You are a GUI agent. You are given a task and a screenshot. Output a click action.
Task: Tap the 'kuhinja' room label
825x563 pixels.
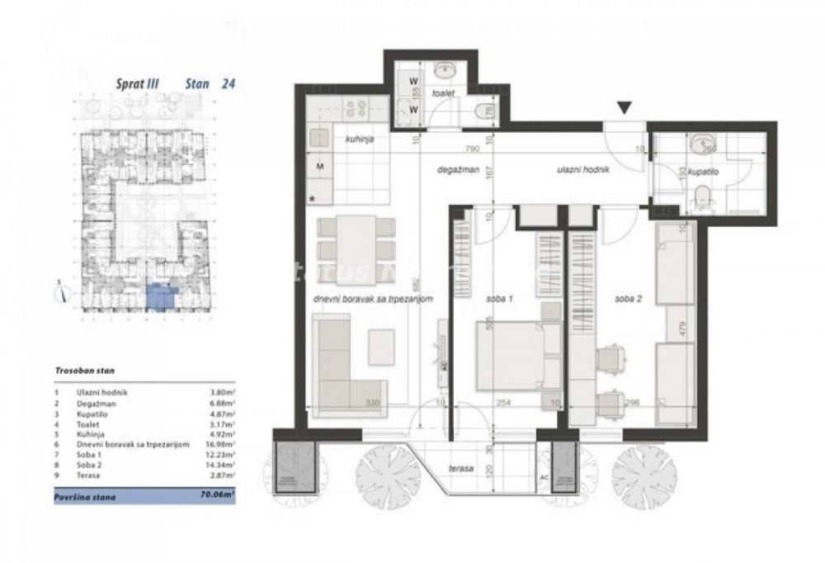click(x=361, y=140)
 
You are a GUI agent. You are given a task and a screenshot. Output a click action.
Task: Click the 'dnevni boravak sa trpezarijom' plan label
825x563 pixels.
click(x=374, y=300)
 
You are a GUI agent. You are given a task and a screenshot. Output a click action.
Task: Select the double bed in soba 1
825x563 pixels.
click(x=509, y=355)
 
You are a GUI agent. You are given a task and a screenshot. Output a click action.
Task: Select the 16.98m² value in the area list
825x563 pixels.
click(x=220, y=444)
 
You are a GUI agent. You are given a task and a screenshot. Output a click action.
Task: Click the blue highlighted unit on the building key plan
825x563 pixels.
click(x=160, y=297)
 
